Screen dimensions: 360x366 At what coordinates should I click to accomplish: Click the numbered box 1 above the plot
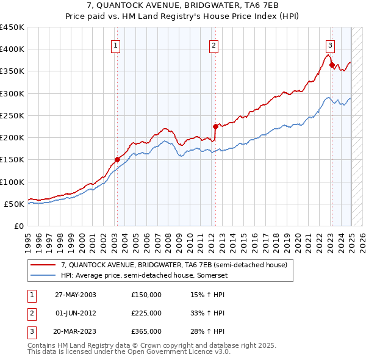click(x=115, y=45)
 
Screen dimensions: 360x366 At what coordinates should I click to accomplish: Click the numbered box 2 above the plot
click(x=214, y=45)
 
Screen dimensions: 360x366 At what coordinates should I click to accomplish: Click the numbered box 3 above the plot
click(x=330, y=45)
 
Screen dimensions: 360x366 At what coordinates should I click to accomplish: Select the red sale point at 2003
click(x=118, y=160)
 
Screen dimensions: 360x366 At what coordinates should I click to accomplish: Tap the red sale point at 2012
click(x=215, y=126)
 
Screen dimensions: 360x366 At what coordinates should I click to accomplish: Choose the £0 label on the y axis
click(x=18, y=226)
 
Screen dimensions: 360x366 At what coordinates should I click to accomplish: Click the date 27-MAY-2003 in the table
click(x=76, y=295)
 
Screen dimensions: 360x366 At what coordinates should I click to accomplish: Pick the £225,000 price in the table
click(x=146, y=313)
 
